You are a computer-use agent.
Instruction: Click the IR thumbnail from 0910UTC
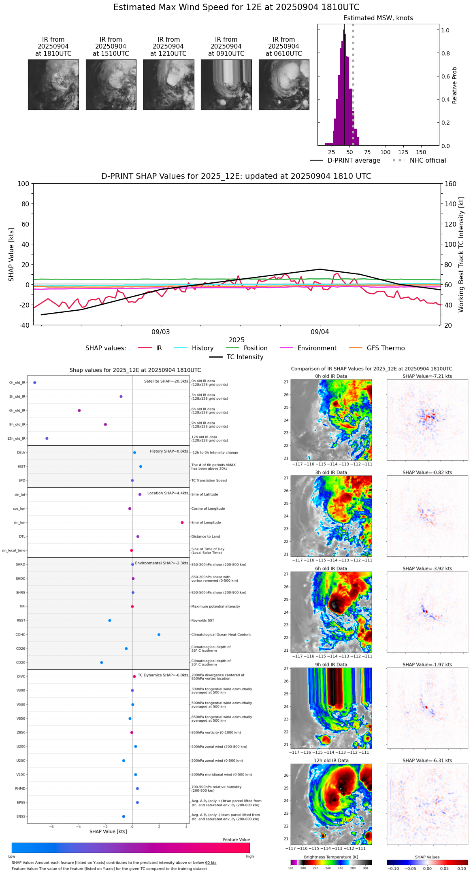226,85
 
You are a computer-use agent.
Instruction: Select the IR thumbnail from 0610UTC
284,85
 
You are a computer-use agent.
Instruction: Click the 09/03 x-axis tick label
161,332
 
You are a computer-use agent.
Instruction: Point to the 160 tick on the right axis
450,184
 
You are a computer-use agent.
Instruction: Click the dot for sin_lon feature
182,523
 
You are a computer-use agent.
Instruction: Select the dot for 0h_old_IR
35,382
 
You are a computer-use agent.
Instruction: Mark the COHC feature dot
159,634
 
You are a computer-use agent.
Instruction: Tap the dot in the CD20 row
102,663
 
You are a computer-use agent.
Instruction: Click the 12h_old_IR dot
47,439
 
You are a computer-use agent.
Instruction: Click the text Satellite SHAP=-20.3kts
166,381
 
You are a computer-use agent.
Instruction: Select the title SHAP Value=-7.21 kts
427,376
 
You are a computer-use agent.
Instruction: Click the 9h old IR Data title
331,665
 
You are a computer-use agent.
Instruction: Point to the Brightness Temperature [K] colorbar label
331,857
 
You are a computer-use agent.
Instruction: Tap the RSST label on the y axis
21,621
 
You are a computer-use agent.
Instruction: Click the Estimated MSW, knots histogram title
378,18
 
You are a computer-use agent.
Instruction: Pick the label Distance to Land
205,536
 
